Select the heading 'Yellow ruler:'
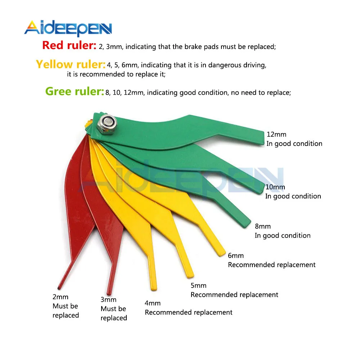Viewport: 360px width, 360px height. [x=70, y=64]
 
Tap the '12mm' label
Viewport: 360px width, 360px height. [x=276, y=134]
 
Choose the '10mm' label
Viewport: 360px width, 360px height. [x=275, y=187]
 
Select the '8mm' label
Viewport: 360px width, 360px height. [x=262, y=226]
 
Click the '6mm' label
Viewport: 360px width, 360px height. [x=236, y=255]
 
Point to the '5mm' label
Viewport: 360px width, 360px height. [x=198, y=285]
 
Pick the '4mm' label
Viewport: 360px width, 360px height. [x=153, y=303]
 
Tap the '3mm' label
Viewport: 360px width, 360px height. [x=108, y=299]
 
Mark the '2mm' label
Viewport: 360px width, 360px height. [x=60, y=297]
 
